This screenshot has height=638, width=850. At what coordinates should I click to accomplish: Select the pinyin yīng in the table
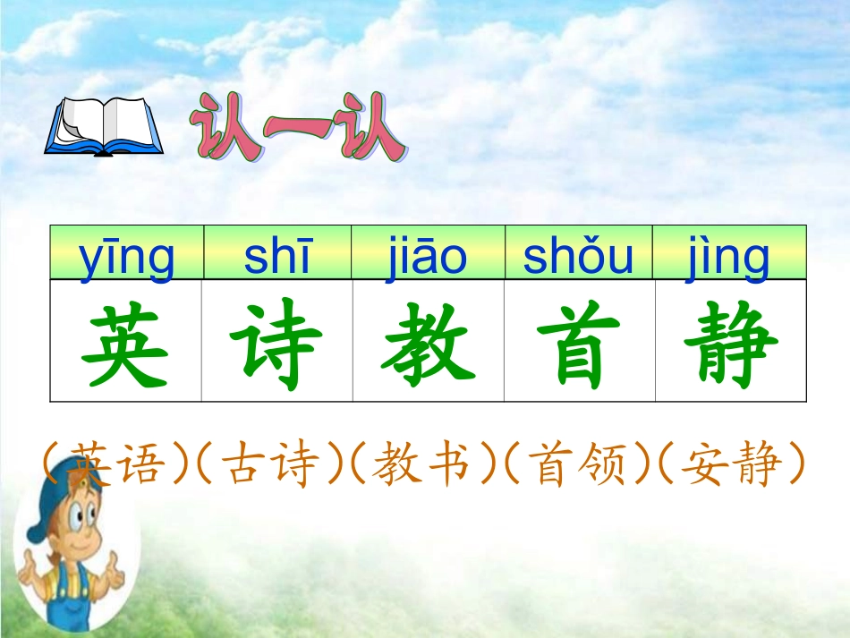point(127,257)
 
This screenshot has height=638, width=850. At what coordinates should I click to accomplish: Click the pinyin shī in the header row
point(277,257)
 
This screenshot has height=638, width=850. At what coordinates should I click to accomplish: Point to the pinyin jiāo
point(428,257)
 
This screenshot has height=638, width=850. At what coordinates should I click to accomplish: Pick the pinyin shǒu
point(578,257)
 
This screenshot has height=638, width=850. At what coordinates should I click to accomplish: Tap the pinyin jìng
point(729,257)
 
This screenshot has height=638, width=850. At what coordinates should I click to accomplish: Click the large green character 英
point(125,344)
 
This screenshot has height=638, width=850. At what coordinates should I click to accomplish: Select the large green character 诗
point(276,344)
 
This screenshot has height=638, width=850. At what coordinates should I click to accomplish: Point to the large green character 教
point(429,344)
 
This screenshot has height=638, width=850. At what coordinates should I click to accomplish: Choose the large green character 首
point(579,344)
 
